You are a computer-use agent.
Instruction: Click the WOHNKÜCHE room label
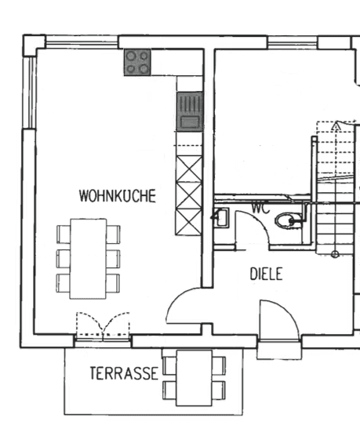[117, 196]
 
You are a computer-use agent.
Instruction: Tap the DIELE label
[266, 274]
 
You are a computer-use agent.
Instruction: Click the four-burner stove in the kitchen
[137, 62]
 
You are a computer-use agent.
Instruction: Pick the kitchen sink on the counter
[190, 111]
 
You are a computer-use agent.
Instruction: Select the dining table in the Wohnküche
[88, 258]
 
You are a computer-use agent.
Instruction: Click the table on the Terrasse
[194, 377]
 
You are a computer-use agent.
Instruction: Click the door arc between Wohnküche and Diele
[185, 307]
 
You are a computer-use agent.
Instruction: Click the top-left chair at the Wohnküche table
[63, 234]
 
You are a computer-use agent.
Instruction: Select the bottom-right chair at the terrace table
[219, 388]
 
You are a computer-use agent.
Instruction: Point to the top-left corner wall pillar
[33, 45]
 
